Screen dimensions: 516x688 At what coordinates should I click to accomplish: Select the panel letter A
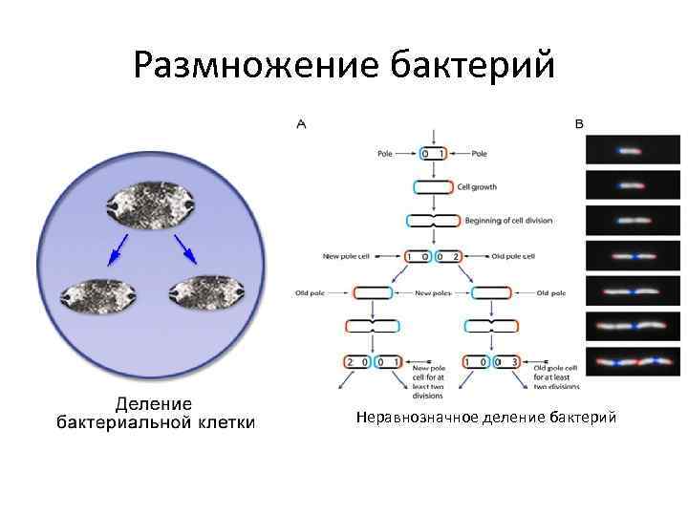click(x=302, y=124)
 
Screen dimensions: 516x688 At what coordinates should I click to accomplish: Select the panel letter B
click(x=580, y=124)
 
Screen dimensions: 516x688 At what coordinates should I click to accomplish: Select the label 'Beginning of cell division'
click(x=508, y=221)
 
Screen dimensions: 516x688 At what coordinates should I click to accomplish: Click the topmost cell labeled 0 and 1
click(x=433, y=153)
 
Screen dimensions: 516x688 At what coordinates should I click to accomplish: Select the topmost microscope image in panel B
click(x=633, y=150)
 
